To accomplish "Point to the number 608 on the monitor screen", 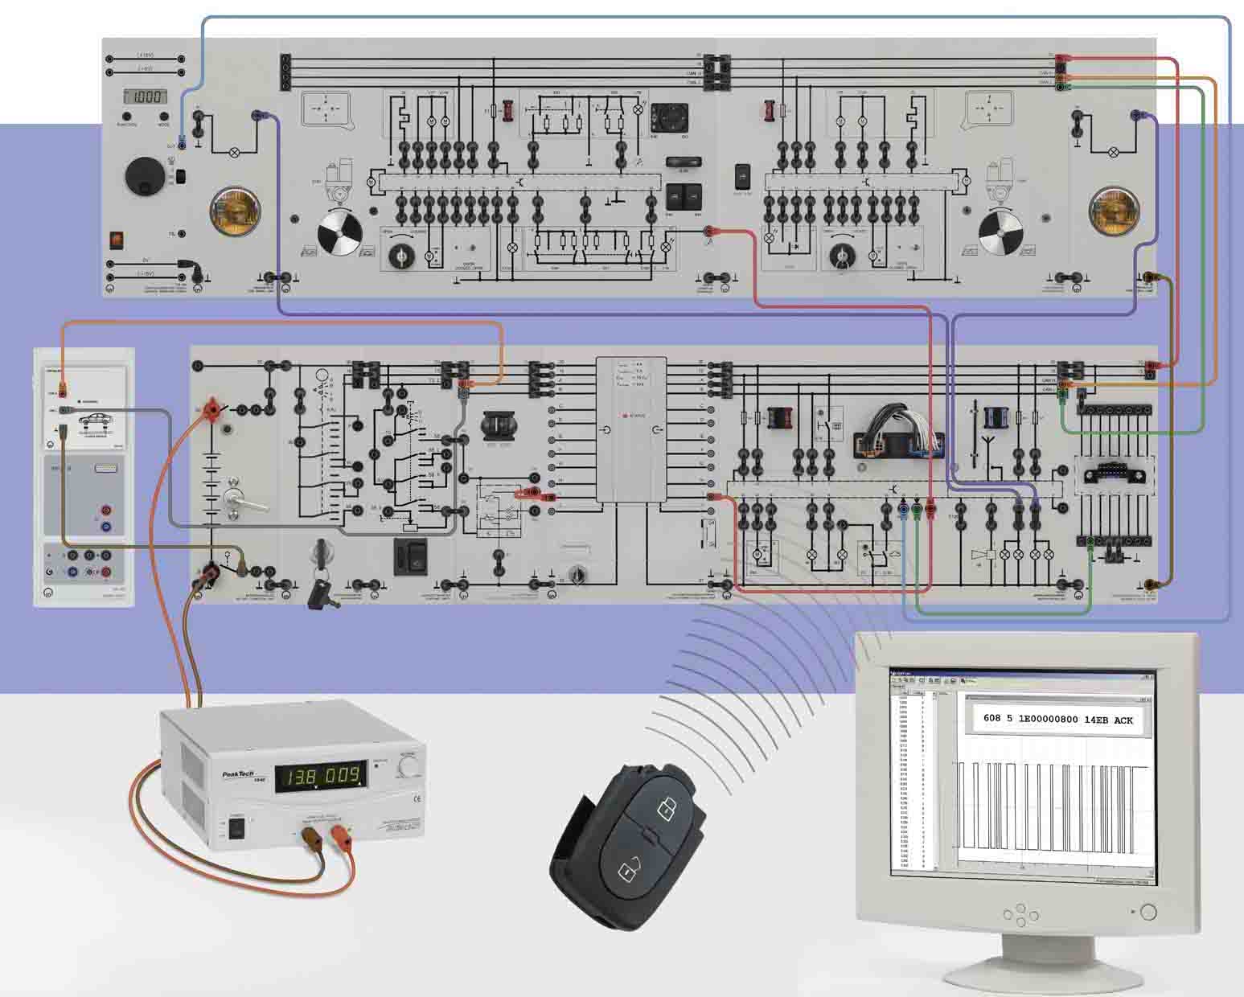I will click(993, 720).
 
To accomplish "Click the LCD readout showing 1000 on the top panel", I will click(146, 97).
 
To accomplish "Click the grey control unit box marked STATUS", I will click(630, 430).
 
